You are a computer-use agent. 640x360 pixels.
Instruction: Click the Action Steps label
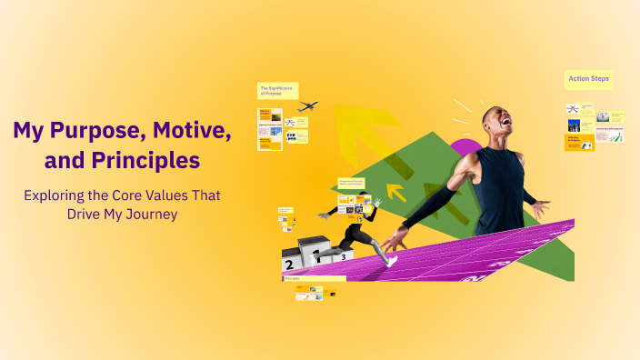click(588, 80)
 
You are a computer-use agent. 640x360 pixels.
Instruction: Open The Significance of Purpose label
click(277, 91)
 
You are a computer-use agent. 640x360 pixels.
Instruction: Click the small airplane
click(307, 107)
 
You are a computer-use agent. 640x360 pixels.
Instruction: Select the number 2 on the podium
click(289, 265)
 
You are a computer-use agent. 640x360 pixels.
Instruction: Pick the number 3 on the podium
click(344, 256)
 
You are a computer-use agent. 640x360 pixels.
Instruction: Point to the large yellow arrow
click(359, 136)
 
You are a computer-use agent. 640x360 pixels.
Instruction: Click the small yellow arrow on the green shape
click(396, 192)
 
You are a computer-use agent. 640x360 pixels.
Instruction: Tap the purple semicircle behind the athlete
click(466, 148)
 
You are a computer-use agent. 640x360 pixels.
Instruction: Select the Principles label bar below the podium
click(314, 279)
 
